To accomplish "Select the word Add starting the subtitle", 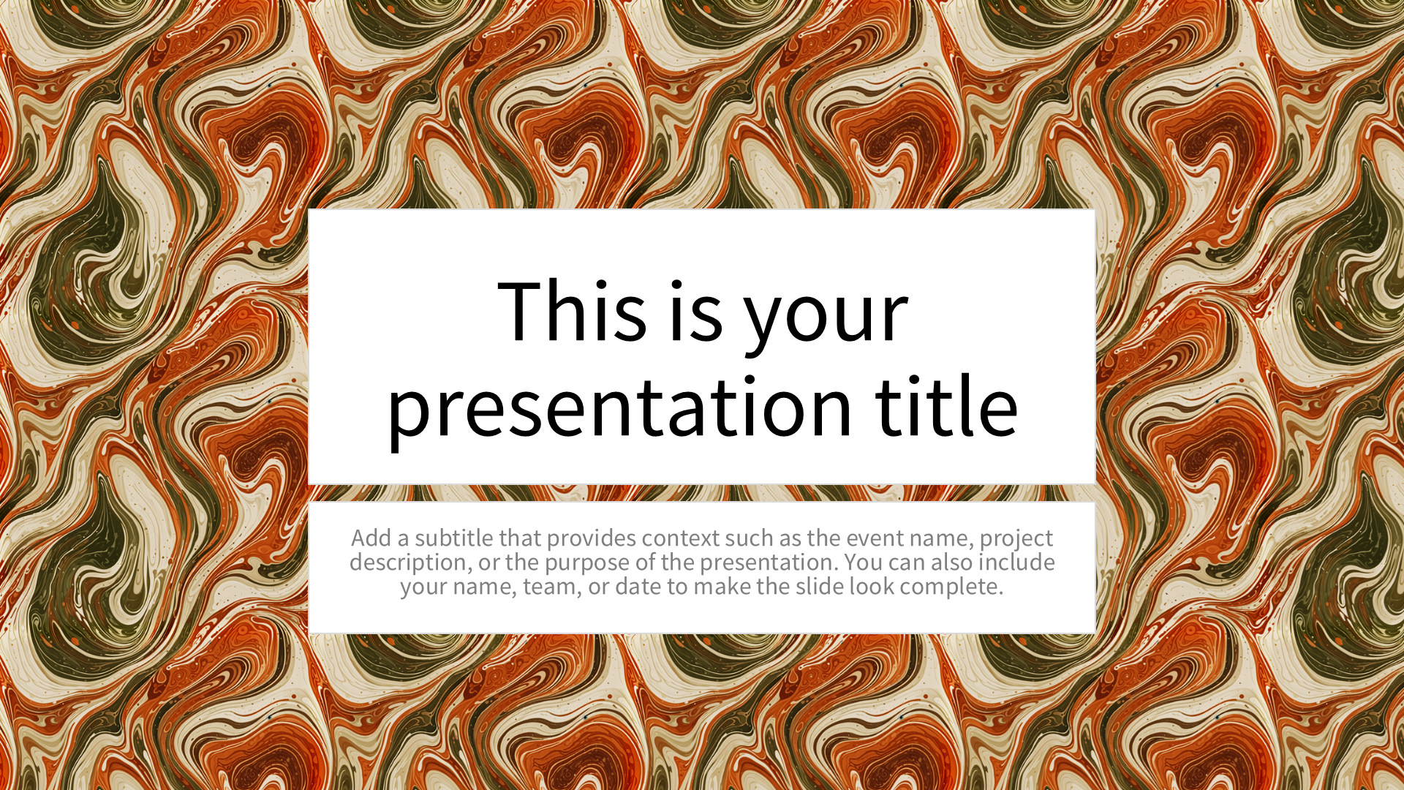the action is (x=371, y=538).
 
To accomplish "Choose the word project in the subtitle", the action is (x=1016, y=540).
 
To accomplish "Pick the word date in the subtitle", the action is (x=638, y=587).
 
